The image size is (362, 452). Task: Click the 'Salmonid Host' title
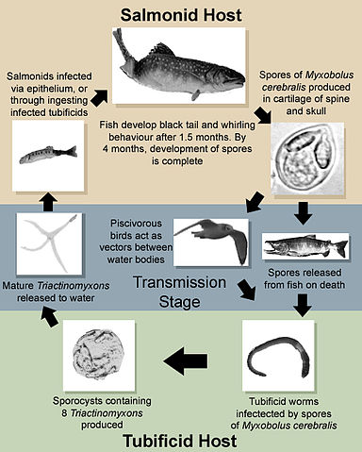pos(180,16)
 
